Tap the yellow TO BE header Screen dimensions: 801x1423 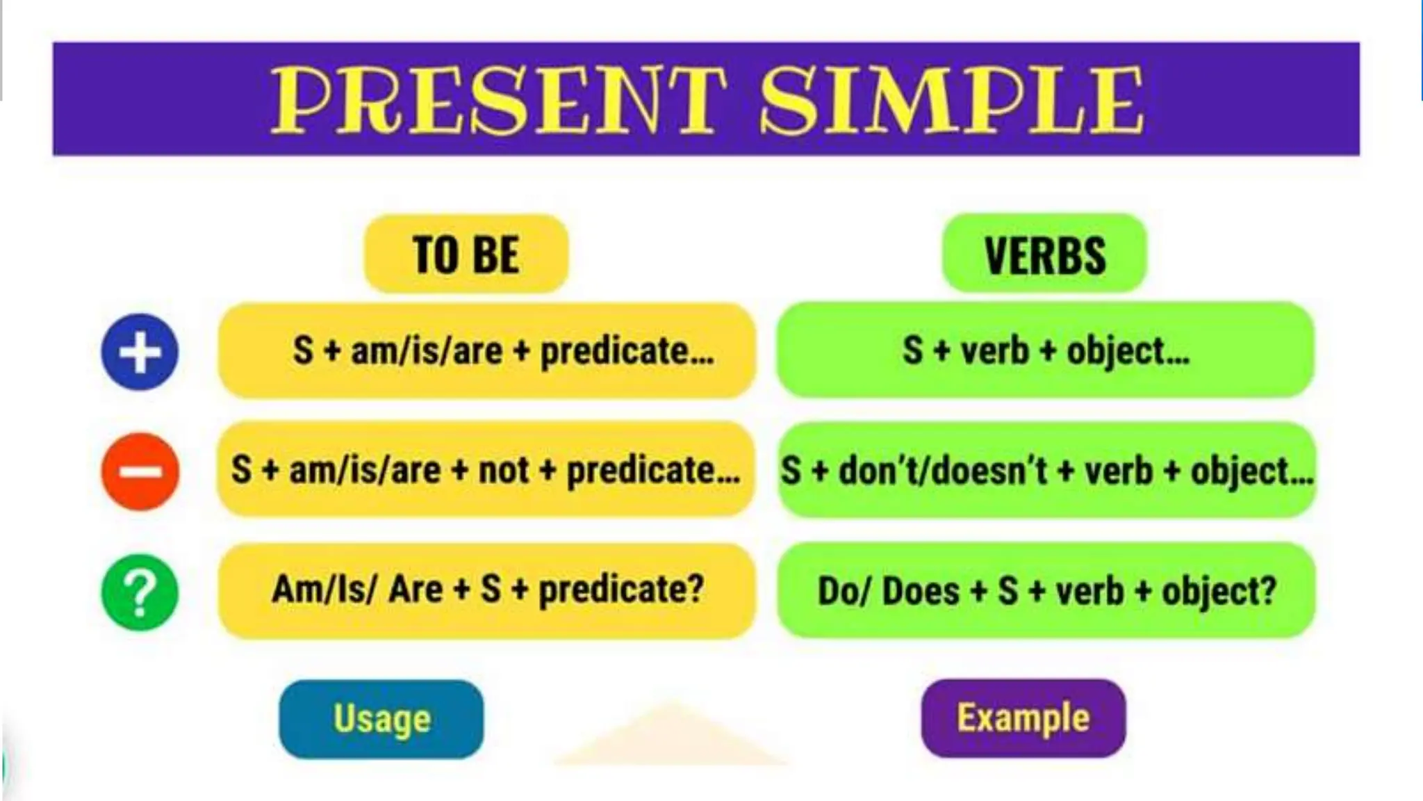466,254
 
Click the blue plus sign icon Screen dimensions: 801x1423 140,352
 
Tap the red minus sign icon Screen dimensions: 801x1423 140,471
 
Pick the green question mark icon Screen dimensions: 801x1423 140,592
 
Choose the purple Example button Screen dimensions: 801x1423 1023,718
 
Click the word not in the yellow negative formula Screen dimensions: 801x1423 504,470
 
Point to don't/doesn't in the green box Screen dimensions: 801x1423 941,471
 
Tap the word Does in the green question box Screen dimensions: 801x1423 920,591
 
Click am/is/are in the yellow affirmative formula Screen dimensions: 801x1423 426,350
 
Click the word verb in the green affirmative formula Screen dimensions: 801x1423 994,350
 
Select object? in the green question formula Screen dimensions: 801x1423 1219,592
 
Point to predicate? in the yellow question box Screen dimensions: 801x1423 621,590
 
